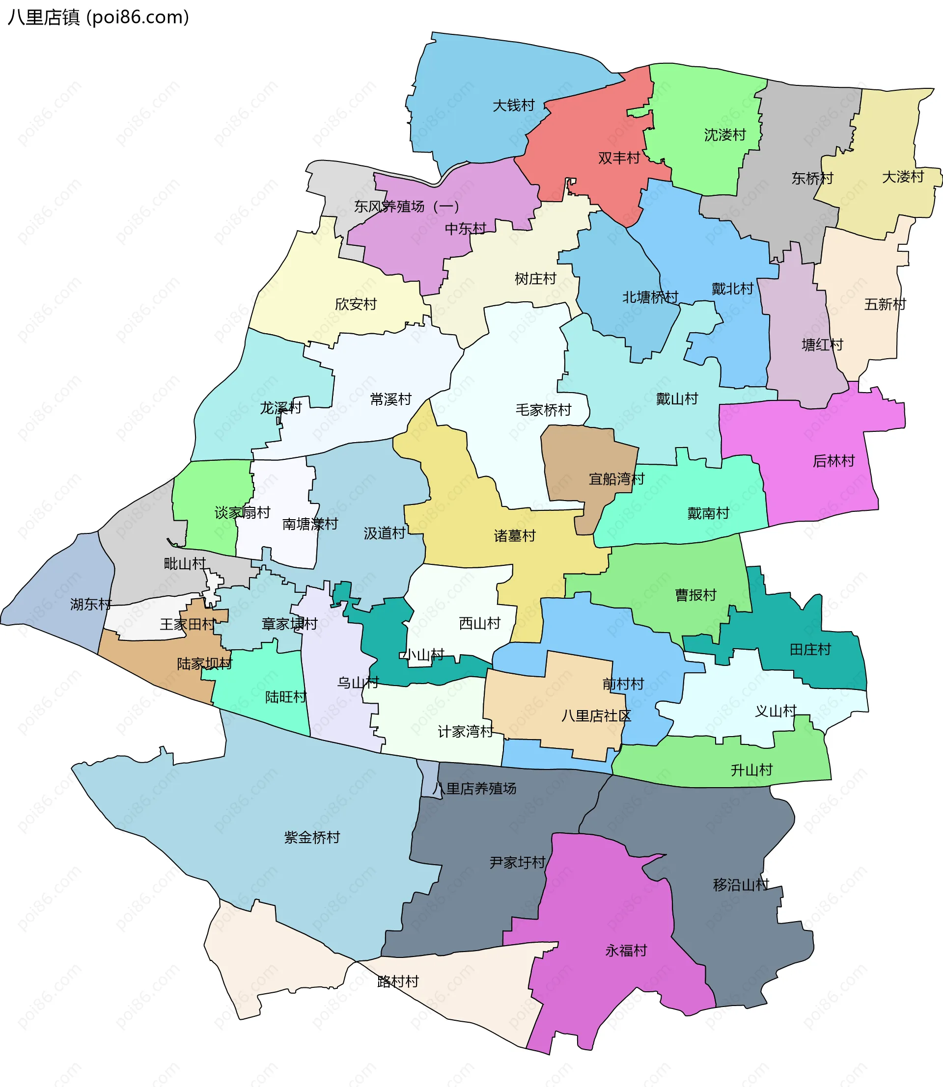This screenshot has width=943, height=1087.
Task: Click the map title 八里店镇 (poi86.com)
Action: click(98, 17)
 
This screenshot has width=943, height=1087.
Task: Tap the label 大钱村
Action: click(513, 106)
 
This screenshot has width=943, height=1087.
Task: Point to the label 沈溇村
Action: click(724, 135)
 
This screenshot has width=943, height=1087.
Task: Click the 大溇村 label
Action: click(903, 177)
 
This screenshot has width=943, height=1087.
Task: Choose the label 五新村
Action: click(885, 304)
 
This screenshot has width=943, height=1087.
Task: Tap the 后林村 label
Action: click(833, 461)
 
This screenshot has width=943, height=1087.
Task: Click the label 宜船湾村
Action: click(616, 478)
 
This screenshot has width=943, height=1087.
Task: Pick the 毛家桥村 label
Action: click(543, 410)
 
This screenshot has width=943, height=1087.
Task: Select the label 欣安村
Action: click(356, 304)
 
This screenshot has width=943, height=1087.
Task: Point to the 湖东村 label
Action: click(90, 604)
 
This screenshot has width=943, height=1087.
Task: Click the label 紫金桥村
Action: click(312, 837)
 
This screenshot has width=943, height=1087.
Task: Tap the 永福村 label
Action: click(626, 950)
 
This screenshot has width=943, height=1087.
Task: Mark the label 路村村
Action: click(398, 981)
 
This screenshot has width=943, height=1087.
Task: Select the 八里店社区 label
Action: click(596, 716)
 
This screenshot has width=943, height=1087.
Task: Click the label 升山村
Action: click(751, 770)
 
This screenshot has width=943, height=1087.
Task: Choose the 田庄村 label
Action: click(810, 649)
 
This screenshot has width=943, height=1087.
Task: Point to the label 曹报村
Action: click(695, 595)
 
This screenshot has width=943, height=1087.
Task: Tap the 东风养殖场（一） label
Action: click(406, 206)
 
